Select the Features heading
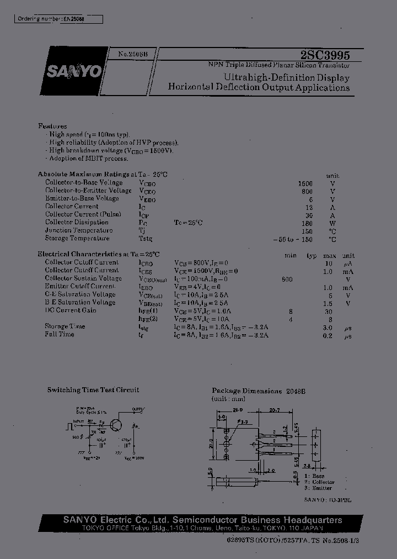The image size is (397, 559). (x=52, y=126)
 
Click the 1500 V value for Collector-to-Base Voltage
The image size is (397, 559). (x=305, y=183)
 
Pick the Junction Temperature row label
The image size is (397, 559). (x=79, y=230)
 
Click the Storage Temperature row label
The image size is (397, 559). (x=77, y=239)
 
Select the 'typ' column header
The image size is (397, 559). (x=312, y=255)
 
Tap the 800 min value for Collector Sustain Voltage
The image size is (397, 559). (x=287, y=279)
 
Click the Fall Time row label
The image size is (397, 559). (x=60, y=334)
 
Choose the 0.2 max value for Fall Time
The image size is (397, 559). (x=328, y=335)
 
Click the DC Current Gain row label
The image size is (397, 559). (x=71, y=310)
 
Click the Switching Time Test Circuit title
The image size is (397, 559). (x=93, y=390)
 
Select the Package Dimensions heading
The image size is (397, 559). (x=247, y=391)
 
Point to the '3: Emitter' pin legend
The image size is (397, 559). (x=319, y=488)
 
